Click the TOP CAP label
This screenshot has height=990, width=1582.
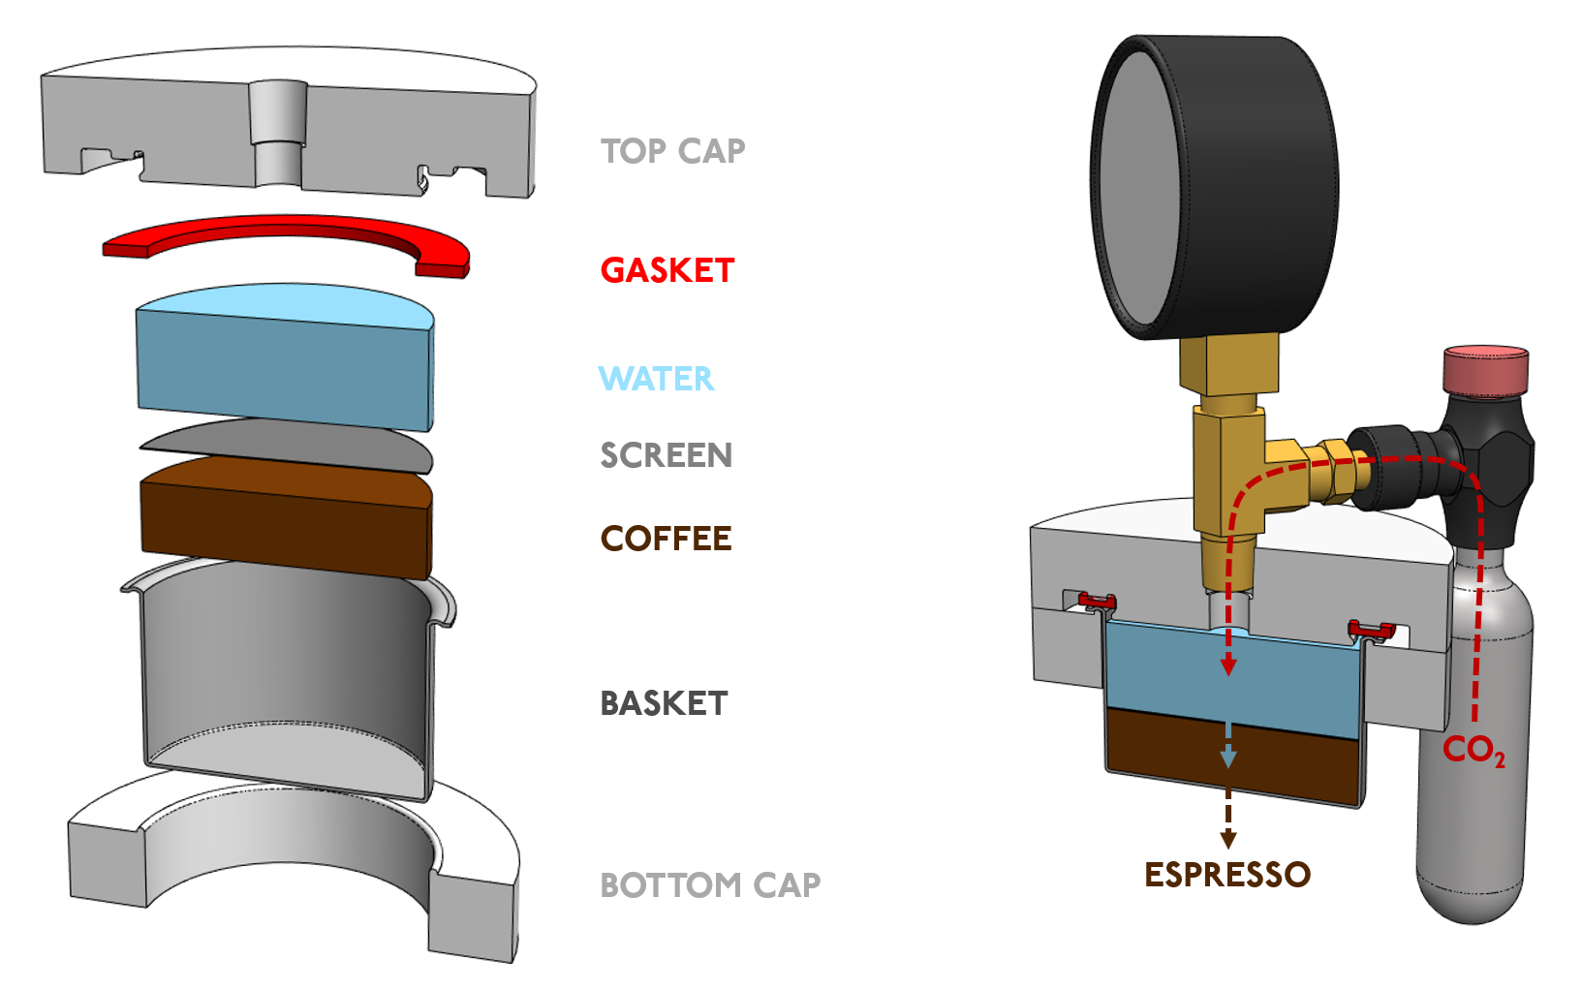pyautogui.click(x=672, y=151)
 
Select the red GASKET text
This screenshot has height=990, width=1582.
pyautogui.click(x=667, y=270)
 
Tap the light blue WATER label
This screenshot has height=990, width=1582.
pyautogui.click(x=656, y=379)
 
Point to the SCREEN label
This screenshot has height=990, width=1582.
pyautogui.click(x=666, y=455)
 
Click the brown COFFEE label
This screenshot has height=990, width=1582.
pyautogui.click(x=666, y=539)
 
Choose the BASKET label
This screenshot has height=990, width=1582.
pyautogui.click(x=664, y=703)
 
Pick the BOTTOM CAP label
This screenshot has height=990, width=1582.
pyautogui.click(x=709, y=885)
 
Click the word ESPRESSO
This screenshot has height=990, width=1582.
pyautogui.click(x=1226, y=875)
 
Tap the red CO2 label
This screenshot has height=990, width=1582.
pyautogui.click(x=1473, y=750)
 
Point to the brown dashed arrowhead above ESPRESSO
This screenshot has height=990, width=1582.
pyautogui.click(x=1227, y=839)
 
